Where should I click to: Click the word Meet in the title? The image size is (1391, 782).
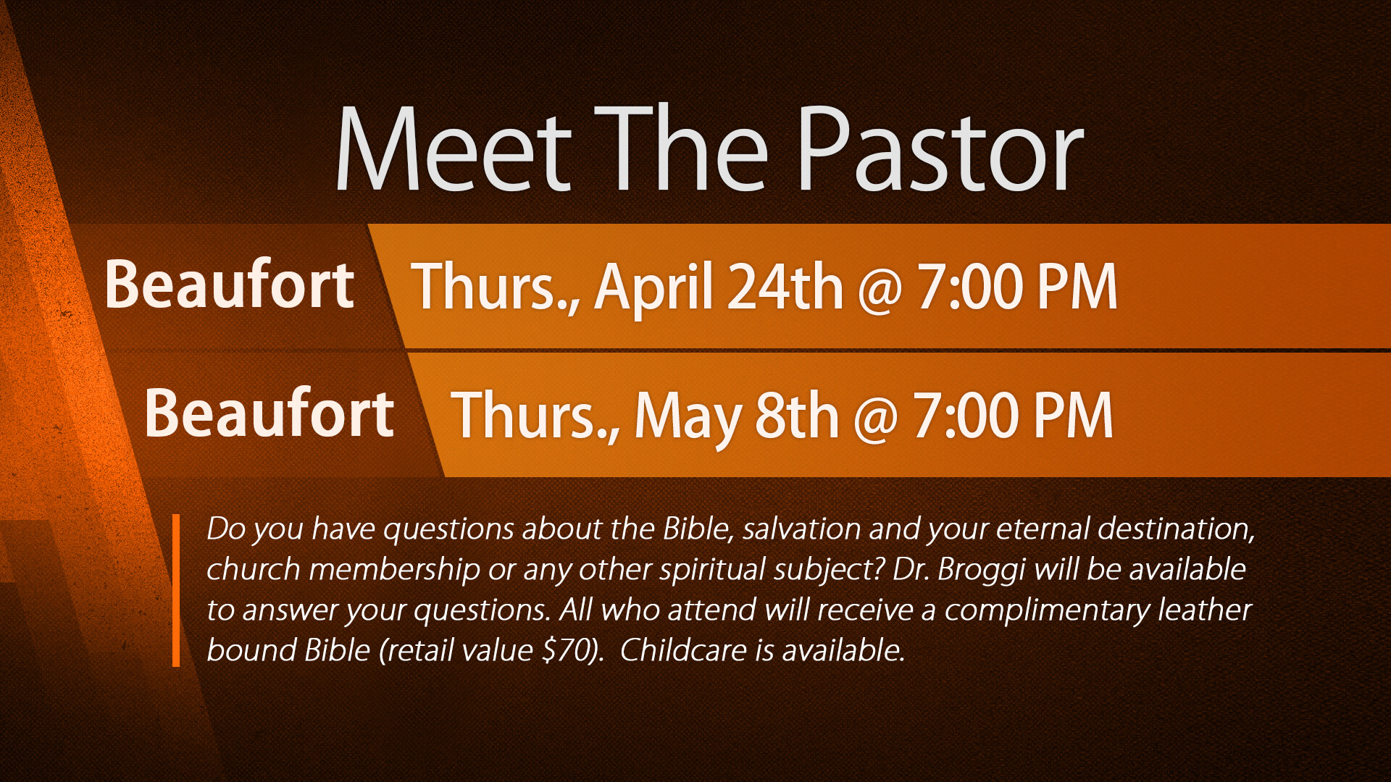click(454, 149)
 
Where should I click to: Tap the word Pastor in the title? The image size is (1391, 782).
click(940, 149)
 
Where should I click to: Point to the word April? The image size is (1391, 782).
click(655, 289)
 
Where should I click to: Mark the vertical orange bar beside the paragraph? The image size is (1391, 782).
click(176, 590)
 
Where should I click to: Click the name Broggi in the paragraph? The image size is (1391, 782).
click(982, 571)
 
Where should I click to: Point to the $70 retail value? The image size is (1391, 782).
click(568, 650)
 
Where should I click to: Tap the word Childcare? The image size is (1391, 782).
click(682, 650)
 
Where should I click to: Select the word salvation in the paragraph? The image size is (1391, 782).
click(801, 529)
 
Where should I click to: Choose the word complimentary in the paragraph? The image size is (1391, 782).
click(1047, 611)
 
